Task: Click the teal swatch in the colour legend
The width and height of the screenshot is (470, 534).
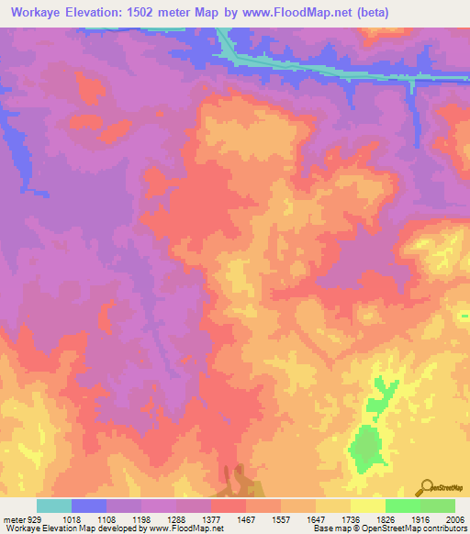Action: tap(54, 506)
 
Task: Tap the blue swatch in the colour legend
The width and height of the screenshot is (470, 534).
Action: tap(89, 506)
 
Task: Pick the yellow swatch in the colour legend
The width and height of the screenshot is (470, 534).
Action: tap(367, 506)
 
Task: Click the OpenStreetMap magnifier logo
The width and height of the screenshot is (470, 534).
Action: tap(426, 487)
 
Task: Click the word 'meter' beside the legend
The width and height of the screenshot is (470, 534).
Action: tap(13, 518)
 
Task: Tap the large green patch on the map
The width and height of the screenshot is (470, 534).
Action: tap(366, 445)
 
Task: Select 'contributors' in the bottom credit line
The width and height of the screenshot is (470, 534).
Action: tap(444, 528)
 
